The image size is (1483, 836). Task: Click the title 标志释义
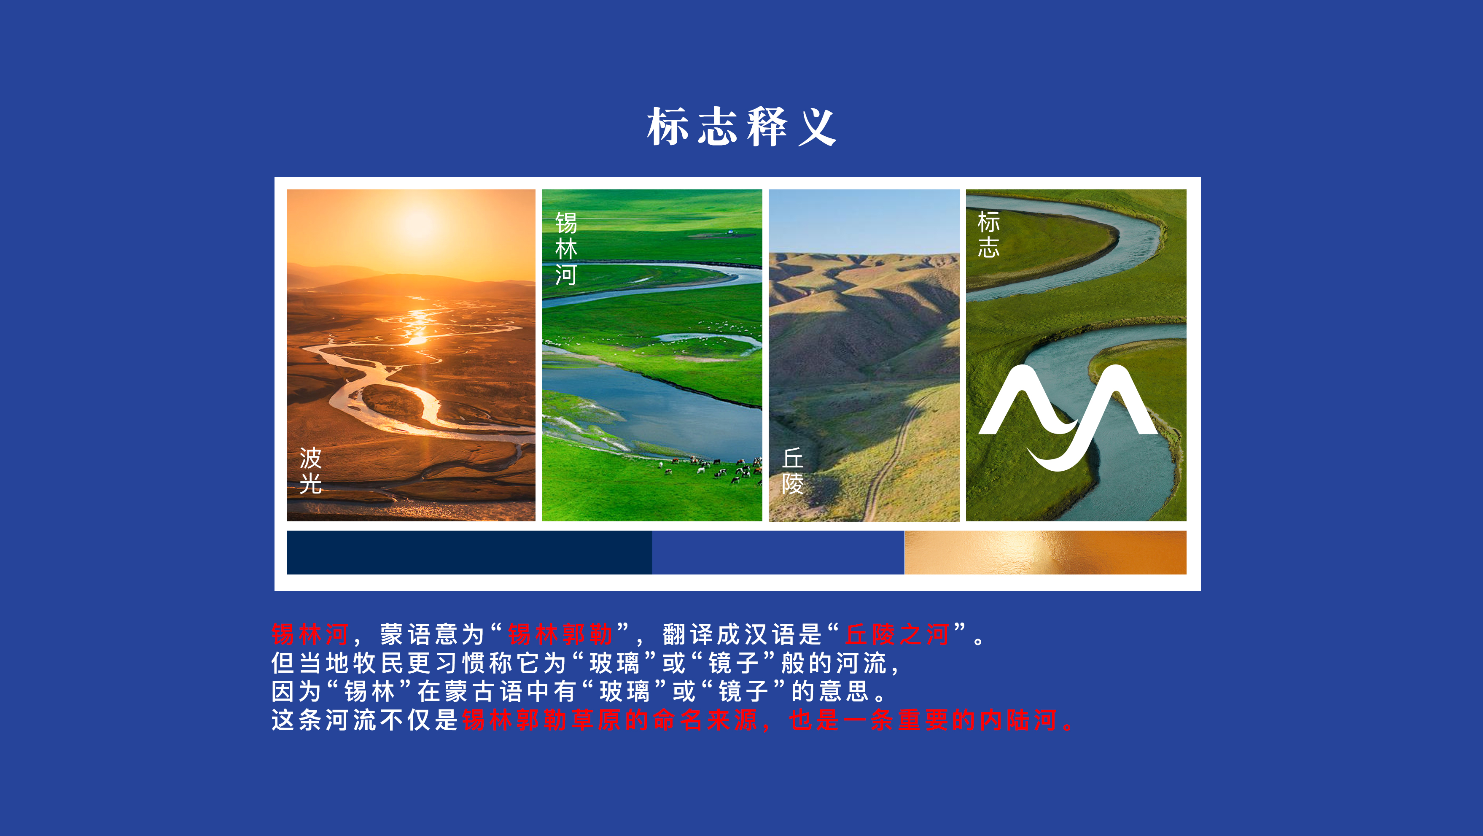741,126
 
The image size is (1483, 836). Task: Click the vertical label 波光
310,470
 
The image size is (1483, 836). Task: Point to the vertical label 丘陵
793,470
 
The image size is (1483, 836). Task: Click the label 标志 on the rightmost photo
988,235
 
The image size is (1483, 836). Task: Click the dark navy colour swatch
469,552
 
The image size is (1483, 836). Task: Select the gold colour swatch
1045,552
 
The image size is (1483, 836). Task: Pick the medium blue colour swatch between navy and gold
778,552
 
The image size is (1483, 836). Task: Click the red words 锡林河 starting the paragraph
310,634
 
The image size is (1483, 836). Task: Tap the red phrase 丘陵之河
897,634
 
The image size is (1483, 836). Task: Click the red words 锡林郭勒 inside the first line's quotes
560,634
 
